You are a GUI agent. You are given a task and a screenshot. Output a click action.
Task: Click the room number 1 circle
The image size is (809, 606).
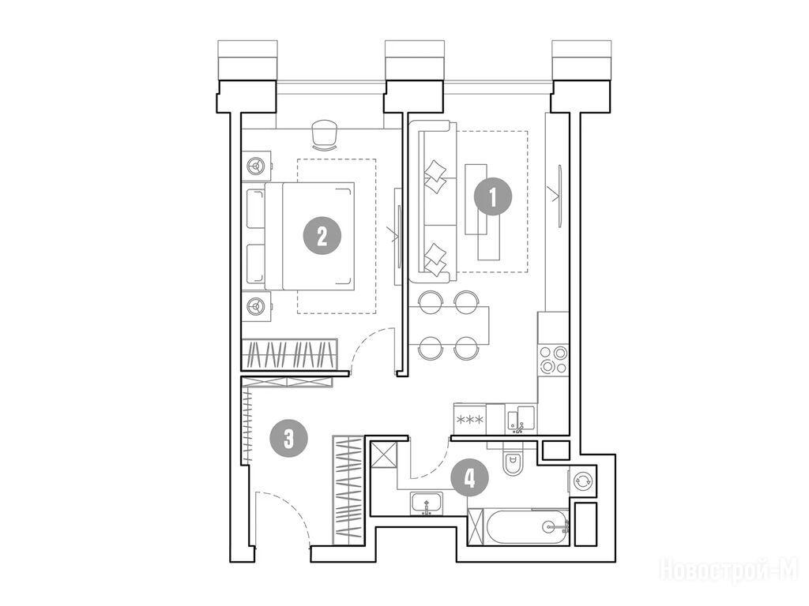(x=493, y=196)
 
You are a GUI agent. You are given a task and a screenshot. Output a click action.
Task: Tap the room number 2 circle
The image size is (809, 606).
(x=322, y=237)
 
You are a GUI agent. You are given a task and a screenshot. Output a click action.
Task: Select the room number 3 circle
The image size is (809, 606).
(x=289, y=440)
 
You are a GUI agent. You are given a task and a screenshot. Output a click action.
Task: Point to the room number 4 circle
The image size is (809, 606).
(x=469, y=479)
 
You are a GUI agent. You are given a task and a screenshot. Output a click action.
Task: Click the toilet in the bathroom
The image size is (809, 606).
(x=514, y=462)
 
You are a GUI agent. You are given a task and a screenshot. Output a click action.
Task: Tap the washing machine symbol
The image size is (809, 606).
(x=582, y=481)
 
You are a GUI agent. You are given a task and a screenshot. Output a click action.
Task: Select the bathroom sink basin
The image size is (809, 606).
(x=426, y=503)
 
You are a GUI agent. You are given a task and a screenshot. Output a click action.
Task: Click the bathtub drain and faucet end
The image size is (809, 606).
(x=555, y=526)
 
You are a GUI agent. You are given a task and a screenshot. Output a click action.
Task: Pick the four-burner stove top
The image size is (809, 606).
(x=553, y=359)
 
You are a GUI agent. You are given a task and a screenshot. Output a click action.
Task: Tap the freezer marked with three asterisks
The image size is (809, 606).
(x=470, y=419)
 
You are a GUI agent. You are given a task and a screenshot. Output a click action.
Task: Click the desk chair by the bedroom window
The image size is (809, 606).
(x=325, y=135)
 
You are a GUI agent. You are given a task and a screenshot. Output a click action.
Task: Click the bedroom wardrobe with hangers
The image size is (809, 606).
(x=289, y=354)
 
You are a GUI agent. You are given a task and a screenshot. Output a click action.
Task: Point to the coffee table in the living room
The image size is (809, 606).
(x=483, y=211)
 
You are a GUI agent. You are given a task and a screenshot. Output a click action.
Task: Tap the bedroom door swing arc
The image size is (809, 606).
(x=364, y=342)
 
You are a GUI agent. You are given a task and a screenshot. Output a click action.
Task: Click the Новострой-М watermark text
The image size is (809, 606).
(x=729, y=570)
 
